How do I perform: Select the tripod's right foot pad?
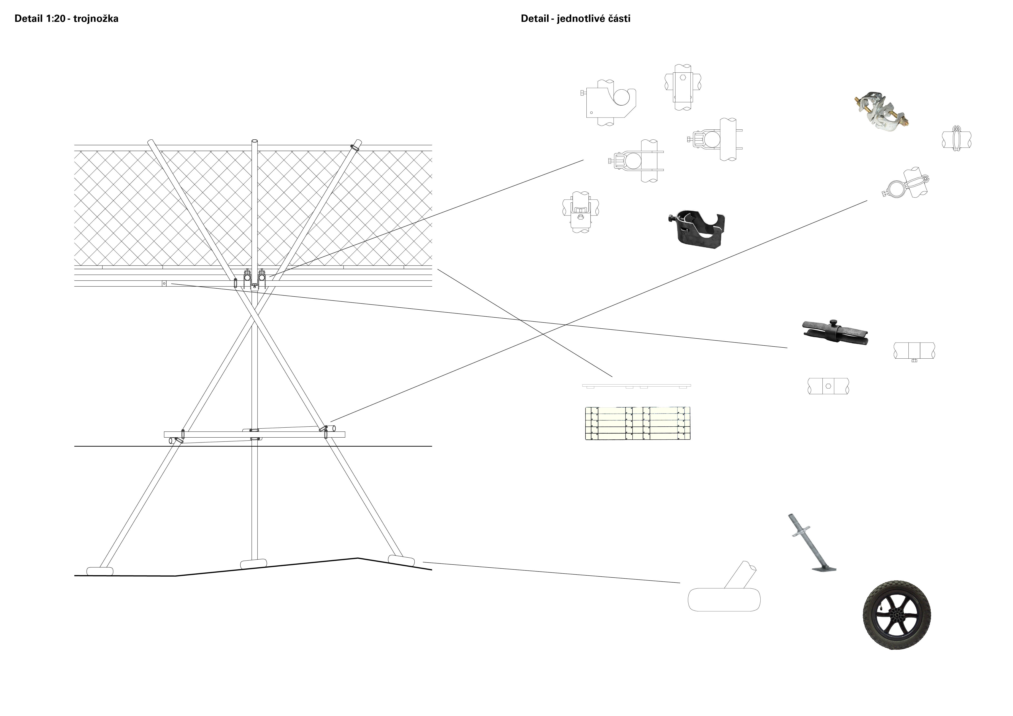tap(401, 560)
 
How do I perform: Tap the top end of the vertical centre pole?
tap(255, 142)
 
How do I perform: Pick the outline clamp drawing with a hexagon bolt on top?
tap(683, 86)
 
